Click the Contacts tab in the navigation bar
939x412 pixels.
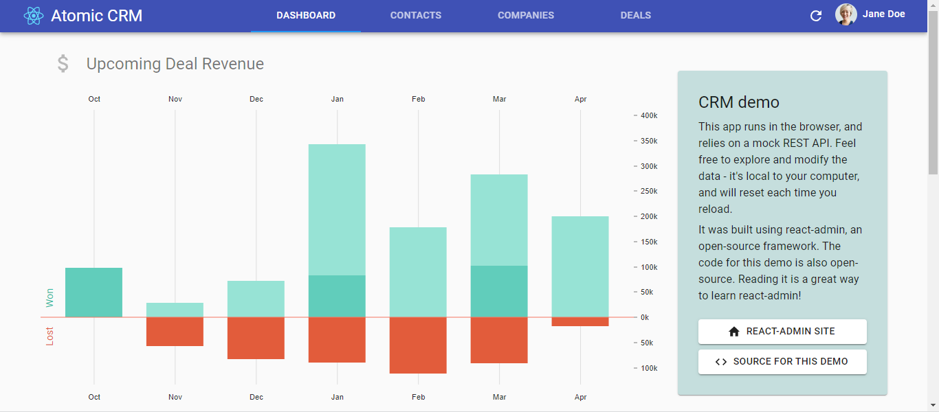click(x=415, y=15)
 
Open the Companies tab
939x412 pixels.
click(x=525, y=15)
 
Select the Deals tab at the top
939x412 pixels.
click(x=635, y=15)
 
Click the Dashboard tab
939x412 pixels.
click(x=306, y=15)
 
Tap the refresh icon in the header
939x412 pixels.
click(x=816, y=15)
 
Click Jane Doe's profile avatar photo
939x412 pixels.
click(x=846, y=14)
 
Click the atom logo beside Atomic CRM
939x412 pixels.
click(x=33, y=15)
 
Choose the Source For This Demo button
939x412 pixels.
click(x=782, y=361)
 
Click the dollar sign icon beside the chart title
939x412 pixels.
click(x=63, y=64)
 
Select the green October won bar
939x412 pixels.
click(x=93, y=293)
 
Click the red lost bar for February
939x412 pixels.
click(x=418, y=345)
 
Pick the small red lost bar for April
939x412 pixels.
click(x=580, y=321)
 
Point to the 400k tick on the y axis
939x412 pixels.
click(x=648, y=115)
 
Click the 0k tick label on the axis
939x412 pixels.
click(x=644, y=317)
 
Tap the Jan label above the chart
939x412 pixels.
click(x=337, y=99)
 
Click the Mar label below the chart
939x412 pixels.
click(x=499, y=397)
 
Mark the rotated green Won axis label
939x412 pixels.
click(x=49, y=298)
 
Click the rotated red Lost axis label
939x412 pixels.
click(x=49, y=336)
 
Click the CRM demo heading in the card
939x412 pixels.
click(x=738, y=102)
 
